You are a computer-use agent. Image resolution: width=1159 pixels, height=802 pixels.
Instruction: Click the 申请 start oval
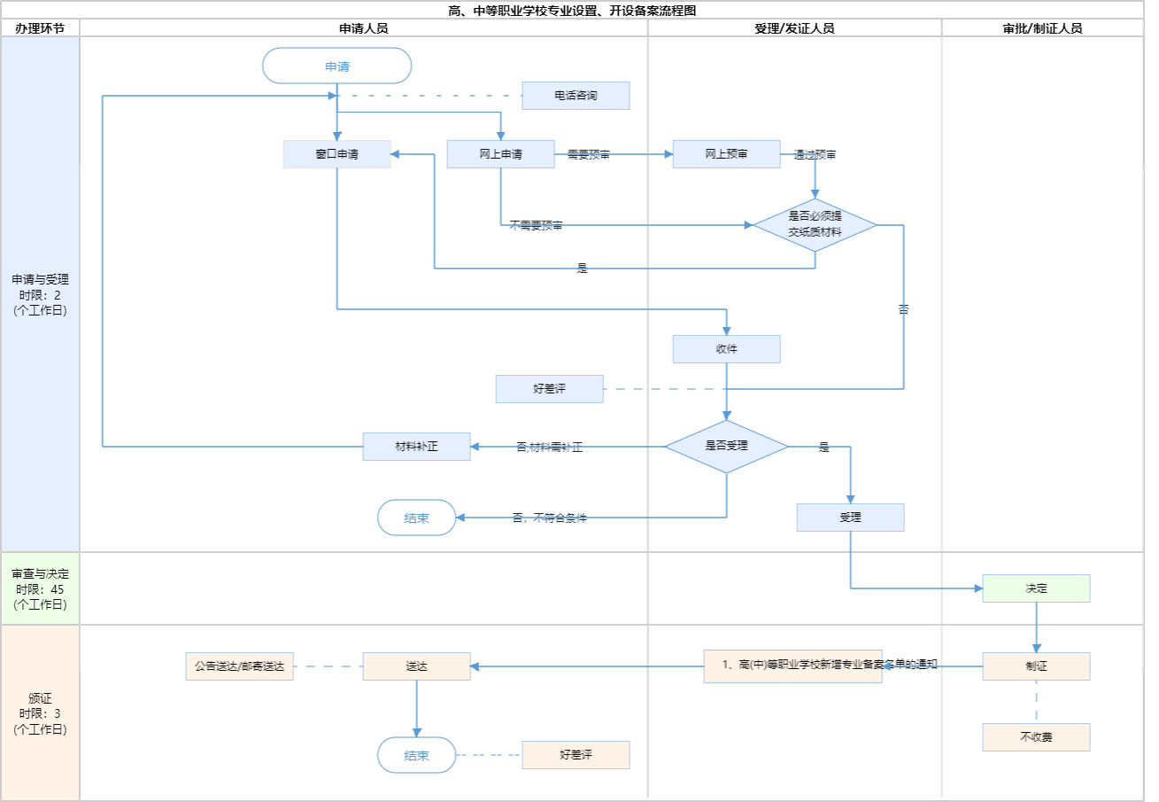pos(337,66)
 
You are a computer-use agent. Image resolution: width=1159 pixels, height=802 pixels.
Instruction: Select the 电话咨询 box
pos(576,96)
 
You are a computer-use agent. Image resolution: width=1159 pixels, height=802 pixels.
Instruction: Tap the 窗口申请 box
pos(337,154)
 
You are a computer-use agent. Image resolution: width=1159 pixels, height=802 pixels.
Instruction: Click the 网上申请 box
pos(500,154)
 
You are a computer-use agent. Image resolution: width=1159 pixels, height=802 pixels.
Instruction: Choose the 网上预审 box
pos(726,154)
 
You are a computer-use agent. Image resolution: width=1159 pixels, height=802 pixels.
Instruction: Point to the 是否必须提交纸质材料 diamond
pos(815,225)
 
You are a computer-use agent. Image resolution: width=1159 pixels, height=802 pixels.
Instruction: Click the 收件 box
pos(726,349)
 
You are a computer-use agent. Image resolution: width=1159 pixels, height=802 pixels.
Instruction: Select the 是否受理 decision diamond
pos(726,446)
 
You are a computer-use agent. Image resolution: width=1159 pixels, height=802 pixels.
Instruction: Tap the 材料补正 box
pos(416,447)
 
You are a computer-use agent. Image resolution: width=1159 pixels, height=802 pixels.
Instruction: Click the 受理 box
pos(850,518)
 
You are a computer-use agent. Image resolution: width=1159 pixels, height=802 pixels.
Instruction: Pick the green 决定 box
pos(1036,588)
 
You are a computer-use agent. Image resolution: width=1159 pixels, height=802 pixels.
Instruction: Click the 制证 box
pos(1036,666)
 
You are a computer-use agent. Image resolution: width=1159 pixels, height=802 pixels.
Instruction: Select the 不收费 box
pos(1036,737)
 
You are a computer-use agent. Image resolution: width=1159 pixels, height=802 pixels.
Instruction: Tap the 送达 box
pos(416,666)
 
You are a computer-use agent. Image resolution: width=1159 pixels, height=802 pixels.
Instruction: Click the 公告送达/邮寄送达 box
pos(239,666)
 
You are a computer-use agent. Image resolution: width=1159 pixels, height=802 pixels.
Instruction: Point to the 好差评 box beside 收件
pos(549,389)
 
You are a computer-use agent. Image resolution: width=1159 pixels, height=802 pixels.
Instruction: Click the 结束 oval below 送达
pos(416,755)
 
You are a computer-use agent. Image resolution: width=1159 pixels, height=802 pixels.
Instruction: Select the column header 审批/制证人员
pos(1042,28)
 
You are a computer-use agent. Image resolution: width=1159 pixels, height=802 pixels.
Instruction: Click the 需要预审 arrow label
pos(589,154)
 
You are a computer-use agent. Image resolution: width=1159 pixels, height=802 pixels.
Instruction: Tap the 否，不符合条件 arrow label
pos(549,518)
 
